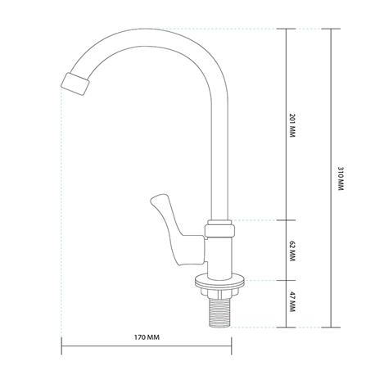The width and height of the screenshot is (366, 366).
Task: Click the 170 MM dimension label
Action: (x=147, y=337)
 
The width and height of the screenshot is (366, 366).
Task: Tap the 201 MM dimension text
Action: (x=292, y=125)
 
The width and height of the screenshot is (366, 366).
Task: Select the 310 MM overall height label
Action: (x=341, y=178)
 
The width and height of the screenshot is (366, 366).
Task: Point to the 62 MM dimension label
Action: (x=292, y=251)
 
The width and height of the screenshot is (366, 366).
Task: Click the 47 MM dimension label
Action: (x=292, y=302)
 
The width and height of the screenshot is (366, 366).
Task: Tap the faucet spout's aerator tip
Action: (x=75, y=84)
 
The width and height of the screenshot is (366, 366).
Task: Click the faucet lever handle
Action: (x=178, y=230)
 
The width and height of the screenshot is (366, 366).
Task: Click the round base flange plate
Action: (x=219, y=282)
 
